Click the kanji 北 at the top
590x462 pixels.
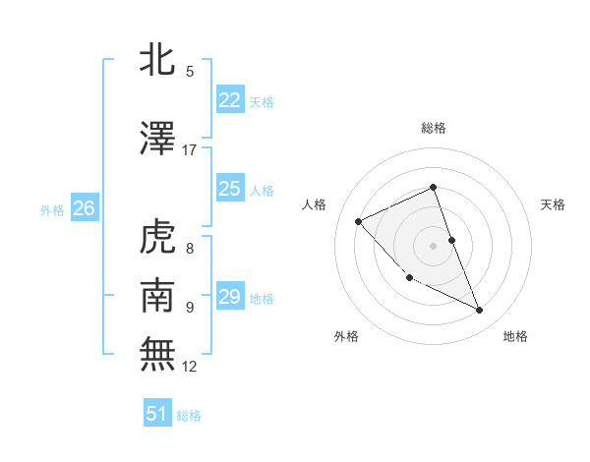158,61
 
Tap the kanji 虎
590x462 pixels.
158,238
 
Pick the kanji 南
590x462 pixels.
158,295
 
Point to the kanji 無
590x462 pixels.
158,353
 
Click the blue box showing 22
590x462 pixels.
229,100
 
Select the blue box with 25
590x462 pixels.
229,189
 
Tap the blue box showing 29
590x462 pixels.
229,297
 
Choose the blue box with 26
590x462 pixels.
84,208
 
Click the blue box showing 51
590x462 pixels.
157,414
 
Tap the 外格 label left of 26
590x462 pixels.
52,209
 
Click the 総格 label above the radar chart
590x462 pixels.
433,128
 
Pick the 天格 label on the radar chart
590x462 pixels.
554,204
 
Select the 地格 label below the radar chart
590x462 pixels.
515,337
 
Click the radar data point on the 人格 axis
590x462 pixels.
359,221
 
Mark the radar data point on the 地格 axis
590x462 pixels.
480,311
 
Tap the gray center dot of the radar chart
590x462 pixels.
433,245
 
